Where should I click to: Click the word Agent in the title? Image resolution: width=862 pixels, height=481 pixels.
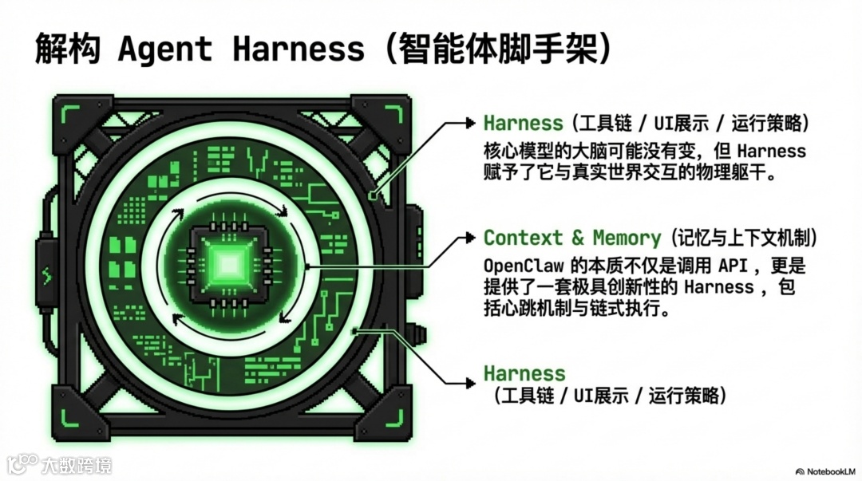(x=164, y=49)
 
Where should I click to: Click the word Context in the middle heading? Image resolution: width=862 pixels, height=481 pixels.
(x=523, y=238)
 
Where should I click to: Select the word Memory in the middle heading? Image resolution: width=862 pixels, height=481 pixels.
(x=627, y=238)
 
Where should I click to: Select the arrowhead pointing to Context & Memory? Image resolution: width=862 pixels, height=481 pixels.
(x=469, y=238)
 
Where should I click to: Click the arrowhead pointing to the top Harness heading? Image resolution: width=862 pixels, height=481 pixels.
(x=469, y=123)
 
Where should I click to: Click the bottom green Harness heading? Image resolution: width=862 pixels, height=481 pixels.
(x=524, y=373)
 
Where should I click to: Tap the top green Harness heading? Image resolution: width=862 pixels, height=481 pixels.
(x=524, y=123)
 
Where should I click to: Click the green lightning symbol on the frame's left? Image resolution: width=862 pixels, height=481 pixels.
(x=45, y=278)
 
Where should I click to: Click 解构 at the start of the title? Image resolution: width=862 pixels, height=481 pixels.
(x=67, y=49)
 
